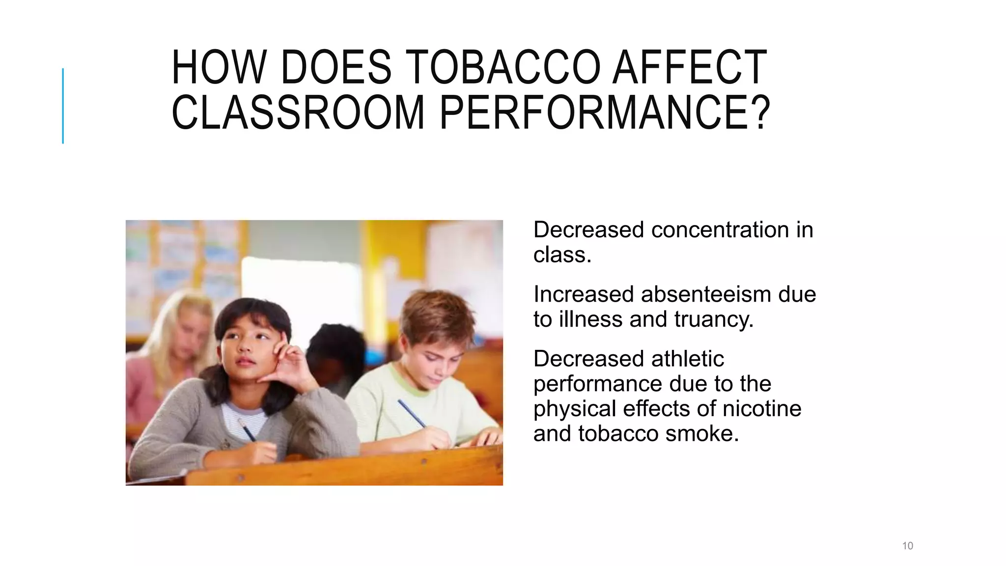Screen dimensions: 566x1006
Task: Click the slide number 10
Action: pos(907,545)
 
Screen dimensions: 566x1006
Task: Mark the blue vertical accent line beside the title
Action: pos(63,106)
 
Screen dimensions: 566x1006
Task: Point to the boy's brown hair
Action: pos(435,314)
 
